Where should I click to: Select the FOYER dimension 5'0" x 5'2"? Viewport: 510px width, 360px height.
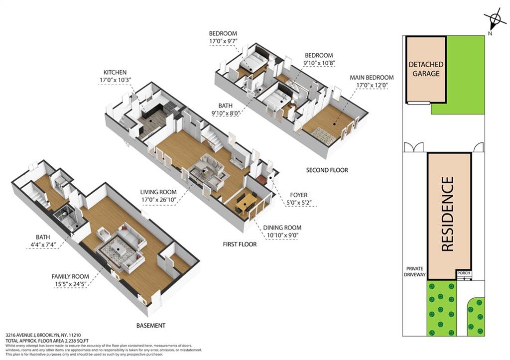297,203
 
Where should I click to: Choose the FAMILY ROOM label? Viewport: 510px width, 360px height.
70,276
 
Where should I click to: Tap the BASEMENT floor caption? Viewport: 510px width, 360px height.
150,326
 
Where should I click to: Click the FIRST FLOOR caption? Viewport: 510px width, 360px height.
240,244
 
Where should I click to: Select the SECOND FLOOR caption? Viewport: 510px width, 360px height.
327,170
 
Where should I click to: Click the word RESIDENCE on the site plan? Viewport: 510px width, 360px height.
448,214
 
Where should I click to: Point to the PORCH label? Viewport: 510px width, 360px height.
463,273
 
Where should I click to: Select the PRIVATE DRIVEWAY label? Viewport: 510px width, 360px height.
415,271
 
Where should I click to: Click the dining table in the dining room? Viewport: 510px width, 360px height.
246,202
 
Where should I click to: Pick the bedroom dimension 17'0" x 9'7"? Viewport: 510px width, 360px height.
223,41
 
